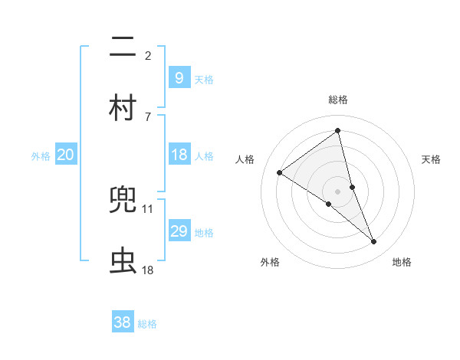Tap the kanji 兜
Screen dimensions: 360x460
[122, 201]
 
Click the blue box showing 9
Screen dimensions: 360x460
[179, 77]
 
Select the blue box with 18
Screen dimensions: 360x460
[179, 155]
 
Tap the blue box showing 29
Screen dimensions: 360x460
[179, 231]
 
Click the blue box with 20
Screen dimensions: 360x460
[65, 155]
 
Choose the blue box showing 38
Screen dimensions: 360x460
[122, 322]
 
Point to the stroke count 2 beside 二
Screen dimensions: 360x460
[148, 56]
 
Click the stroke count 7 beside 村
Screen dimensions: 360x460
[148, 116]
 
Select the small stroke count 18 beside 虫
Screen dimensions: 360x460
[148, 270]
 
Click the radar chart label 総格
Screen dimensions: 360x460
[338, 100]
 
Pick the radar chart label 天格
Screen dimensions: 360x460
[432, 159]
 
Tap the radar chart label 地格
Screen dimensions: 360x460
[402, 262]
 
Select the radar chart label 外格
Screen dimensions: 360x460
[270, 262]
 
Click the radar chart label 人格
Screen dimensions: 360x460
[245, 159]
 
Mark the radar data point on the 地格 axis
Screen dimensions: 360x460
[374, 242]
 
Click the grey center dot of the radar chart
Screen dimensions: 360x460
[338, 191]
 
